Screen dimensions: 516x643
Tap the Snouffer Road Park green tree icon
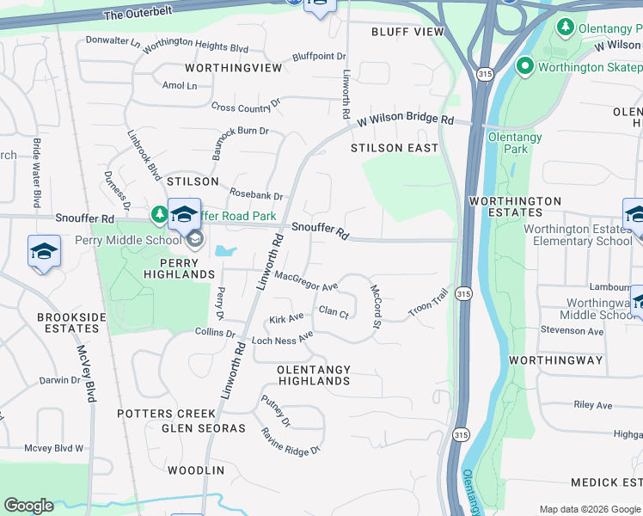160,213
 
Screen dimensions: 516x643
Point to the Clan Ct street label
334,312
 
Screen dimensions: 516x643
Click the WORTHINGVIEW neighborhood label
233,67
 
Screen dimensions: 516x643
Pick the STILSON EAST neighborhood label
395,148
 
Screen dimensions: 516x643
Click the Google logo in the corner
28,506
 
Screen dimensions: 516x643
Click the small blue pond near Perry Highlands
225,251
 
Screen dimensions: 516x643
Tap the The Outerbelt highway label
138,15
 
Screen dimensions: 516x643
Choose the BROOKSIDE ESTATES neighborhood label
68,322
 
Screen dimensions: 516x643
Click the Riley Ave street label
592,405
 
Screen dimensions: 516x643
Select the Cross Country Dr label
247,106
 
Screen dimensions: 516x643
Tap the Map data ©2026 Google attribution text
590,509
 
